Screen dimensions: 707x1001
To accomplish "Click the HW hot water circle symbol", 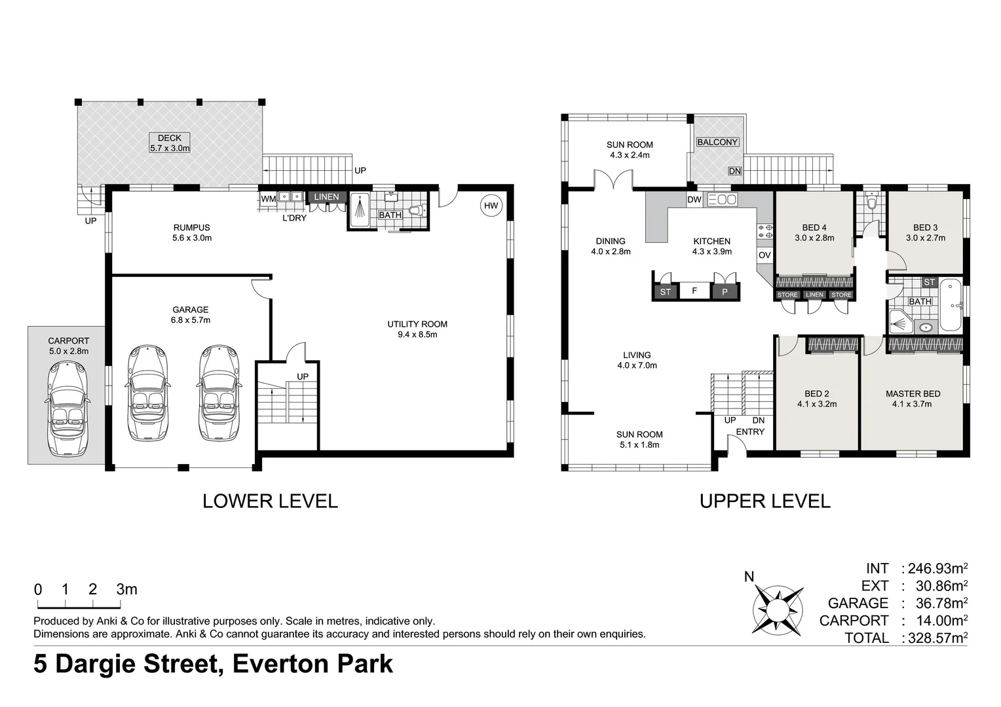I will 491,206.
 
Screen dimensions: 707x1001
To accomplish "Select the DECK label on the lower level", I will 170,138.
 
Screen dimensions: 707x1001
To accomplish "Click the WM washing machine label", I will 269,198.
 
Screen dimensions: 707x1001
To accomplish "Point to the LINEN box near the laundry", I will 326,196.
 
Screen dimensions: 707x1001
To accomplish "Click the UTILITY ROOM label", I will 417,324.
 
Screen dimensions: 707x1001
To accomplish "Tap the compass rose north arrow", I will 778,606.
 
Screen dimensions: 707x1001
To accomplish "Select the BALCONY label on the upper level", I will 717,142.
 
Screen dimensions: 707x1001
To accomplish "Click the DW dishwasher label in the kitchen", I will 694,200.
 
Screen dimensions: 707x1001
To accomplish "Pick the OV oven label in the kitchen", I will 765,255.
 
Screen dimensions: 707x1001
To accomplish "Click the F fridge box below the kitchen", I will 694,291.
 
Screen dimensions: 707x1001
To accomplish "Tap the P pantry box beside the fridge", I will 725,292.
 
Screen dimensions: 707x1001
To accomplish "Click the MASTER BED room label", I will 913,393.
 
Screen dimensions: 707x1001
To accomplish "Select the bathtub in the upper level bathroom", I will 951,306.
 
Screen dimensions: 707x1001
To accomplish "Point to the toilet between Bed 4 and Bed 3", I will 871,202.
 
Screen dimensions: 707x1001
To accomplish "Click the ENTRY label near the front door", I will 750,432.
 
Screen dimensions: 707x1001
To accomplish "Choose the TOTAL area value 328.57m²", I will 935,638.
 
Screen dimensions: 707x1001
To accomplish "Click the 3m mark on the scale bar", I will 126,589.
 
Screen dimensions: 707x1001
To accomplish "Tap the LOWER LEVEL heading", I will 270,501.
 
